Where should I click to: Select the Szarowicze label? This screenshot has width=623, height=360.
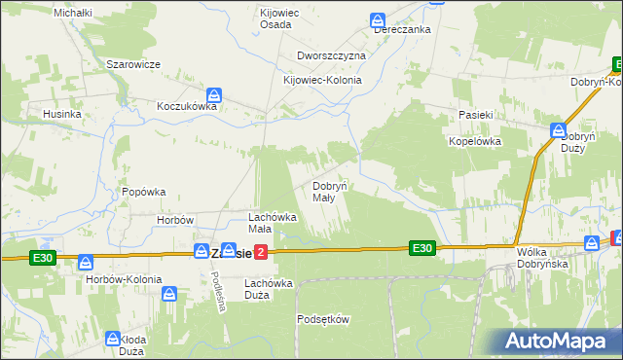[x=133, y=63]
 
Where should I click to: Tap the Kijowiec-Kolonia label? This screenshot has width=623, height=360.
[x=322, y=80]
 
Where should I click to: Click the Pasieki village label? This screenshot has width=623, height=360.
[x=478, y=115]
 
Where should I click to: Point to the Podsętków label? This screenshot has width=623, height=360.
[x=323, y=318]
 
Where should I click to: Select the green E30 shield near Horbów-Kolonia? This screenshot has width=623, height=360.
[x=42, y=258]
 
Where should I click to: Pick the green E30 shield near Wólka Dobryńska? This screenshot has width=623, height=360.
[x=421, y=248]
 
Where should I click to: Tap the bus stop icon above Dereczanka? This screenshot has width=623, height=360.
[x=378, y=18]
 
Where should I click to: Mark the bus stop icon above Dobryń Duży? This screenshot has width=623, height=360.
[x=559, y=128]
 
